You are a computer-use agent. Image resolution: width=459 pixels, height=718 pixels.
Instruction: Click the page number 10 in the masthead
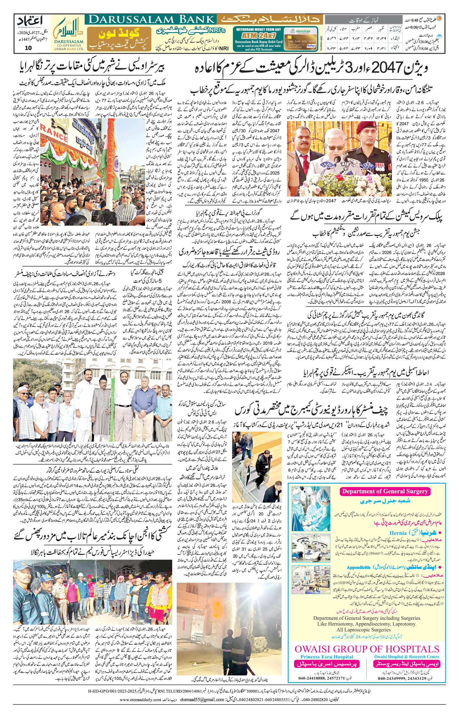point(28,48)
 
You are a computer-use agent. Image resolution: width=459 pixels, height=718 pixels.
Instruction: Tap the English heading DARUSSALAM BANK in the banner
point(150,20)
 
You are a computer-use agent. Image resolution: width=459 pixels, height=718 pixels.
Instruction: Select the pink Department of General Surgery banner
point(385,492)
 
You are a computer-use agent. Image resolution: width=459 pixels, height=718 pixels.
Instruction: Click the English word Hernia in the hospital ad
point(398,533)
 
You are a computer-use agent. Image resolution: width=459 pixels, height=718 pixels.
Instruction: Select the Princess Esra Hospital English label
point(326,657)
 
